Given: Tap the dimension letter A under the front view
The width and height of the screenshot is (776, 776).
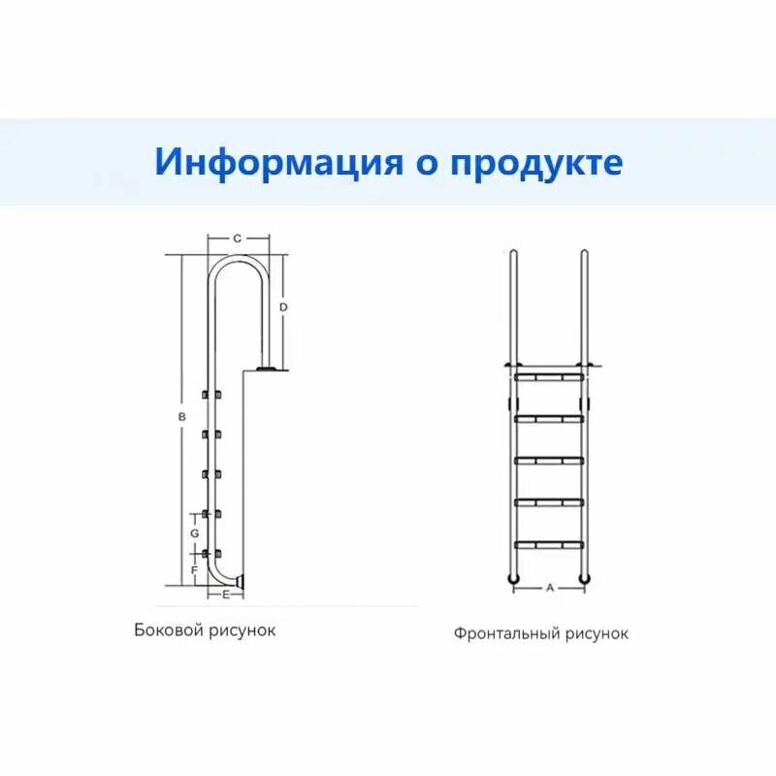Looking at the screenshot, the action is pyautogui.click(x=549, y=588).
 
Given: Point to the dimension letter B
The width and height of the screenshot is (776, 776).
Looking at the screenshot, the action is pyautogui.click(x=180, y=417).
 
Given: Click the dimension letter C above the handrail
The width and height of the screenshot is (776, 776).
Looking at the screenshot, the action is pyautogui.click(x=238, y=238).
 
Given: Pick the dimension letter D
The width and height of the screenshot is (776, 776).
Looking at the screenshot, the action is pyautogui.click(x=283, y=307).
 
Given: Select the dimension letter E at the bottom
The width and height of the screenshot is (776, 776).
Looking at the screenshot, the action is pyautogui.click(x=226, y=593).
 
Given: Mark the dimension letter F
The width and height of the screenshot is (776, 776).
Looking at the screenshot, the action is pyautogui.click(x=195, y=570).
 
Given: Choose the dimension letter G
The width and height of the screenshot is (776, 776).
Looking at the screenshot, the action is pyautogui.click(x=195, y=533).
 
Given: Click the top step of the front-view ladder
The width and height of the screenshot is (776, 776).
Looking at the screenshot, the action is pyautogui.click(x=549, y=375).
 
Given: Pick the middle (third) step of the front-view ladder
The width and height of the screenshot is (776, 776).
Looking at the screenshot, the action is pyautogui.click(x=549, y=460).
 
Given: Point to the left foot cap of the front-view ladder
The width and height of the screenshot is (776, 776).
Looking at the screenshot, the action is pyautogui.click(x=513, y=579).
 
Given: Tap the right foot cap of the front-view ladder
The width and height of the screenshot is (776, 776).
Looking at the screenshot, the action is pyautogui.click(x=585, y=579).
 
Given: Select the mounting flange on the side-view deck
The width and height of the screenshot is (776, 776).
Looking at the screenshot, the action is pyautogui.click(x=267, y=368).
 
